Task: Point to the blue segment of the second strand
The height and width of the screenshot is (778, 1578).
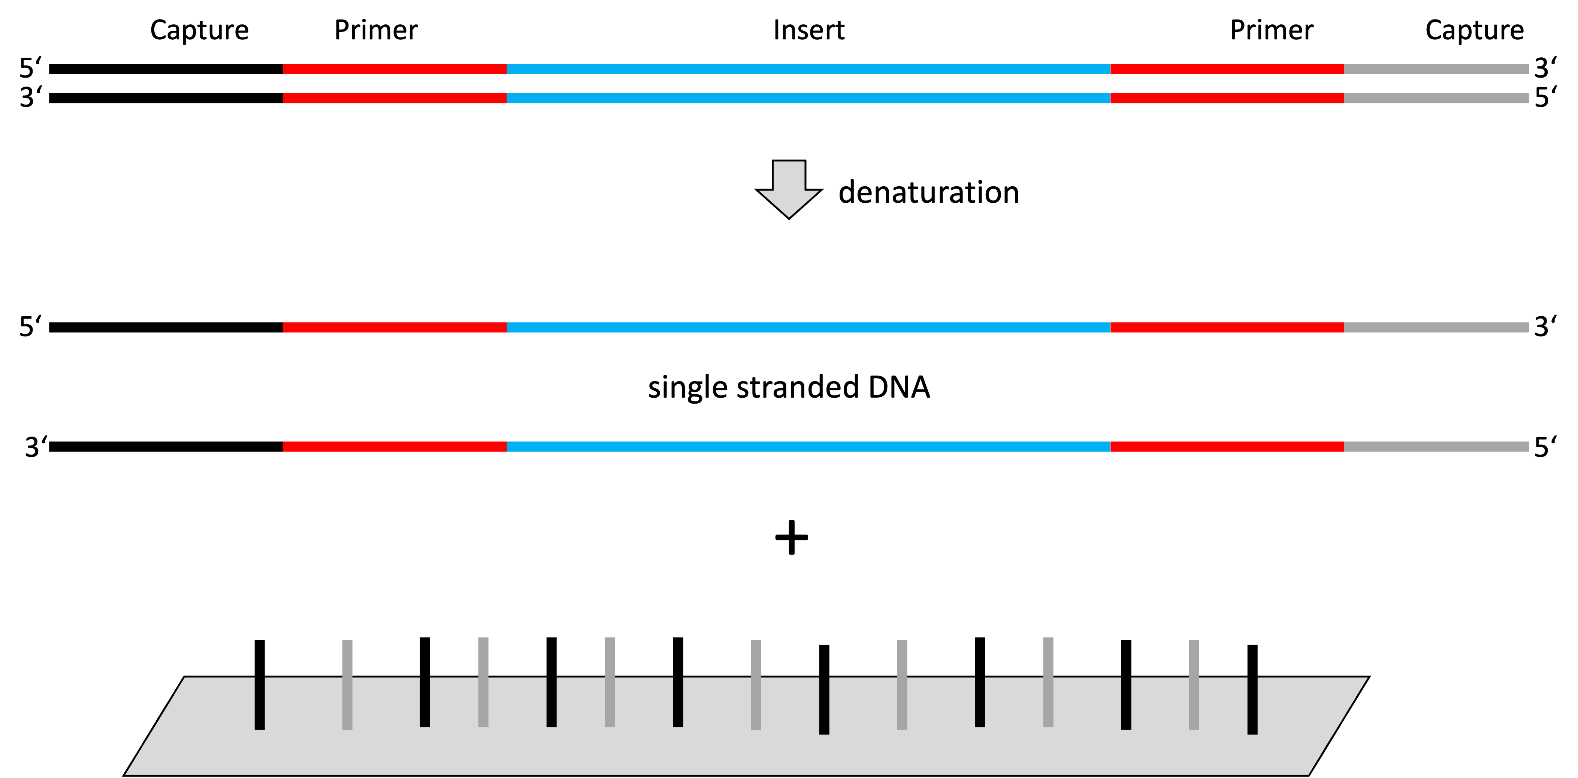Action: click(x=808, y=99)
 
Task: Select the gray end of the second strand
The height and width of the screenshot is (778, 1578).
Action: click(x=1436, y=99)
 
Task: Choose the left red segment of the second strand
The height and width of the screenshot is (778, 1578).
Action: click(x=394, y=99)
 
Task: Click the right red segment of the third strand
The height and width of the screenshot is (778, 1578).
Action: click(x=1227, y=328)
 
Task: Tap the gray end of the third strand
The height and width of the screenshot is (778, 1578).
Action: click(x=1436, y=328)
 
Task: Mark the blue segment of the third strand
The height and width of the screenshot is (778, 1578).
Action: click(x=808, y=328)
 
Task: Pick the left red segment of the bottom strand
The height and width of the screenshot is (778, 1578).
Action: click(x=394, y=447)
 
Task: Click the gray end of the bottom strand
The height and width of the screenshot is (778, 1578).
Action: click(x=1436, y=447)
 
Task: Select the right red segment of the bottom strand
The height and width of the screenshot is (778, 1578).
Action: click(x=1227, y=447)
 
